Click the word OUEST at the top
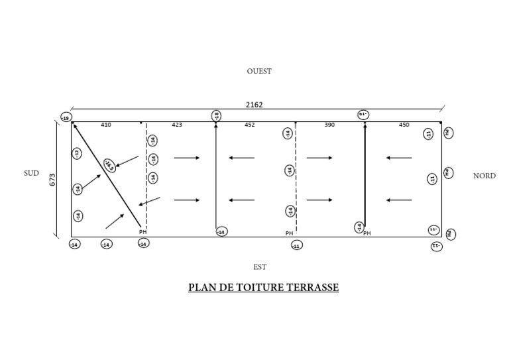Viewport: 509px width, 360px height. tap(259, 71)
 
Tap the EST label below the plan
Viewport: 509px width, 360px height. tap(260, 267)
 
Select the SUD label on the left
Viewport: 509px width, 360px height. tap(31, 173)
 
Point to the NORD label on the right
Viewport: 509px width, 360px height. tap(484, 176)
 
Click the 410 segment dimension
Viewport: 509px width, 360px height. tap(106, 125)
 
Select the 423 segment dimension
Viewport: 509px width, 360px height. tap(177, 125)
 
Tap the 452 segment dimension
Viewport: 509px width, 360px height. tap(249, 125)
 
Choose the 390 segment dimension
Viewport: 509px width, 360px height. tap(329, 125)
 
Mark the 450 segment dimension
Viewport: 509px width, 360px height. tap(404, 125)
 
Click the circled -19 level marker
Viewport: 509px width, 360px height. tap(66, 118)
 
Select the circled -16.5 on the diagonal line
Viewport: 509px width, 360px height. tap(109, 165)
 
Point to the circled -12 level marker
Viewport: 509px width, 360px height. tap(77, 154)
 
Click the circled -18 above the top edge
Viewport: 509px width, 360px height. tap(216, 116)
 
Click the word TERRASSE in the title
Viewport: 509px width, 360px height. tap(314, 288)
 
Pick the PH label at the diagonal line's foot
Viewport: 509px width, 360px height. tap(142, 231)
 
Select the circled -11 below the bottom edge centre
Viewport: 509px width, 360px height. tap(296, 245)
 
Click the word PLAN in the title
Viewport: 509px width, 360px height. tap(201, 288)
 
